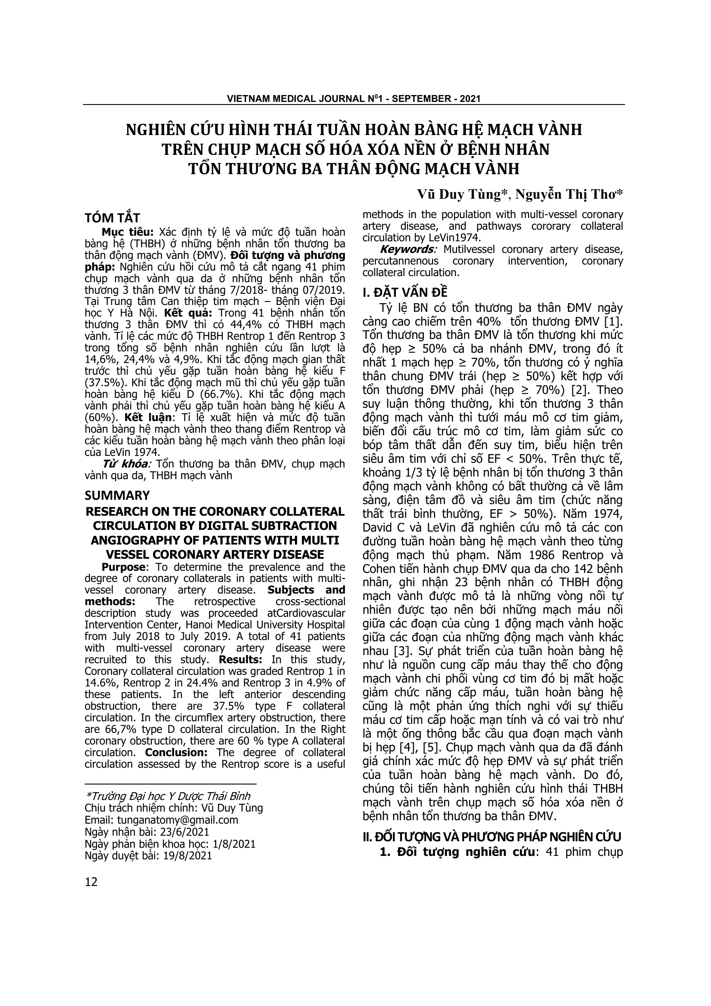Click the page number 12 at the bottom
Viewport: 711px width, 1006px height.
pos(91,882)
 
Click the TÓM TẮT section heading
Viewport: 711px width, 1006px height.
pos(112,218)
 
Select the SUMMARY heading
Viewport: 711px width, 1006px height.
pos(117,495)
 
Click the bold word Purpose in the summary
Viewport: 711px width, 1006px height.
pos(123,567)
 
